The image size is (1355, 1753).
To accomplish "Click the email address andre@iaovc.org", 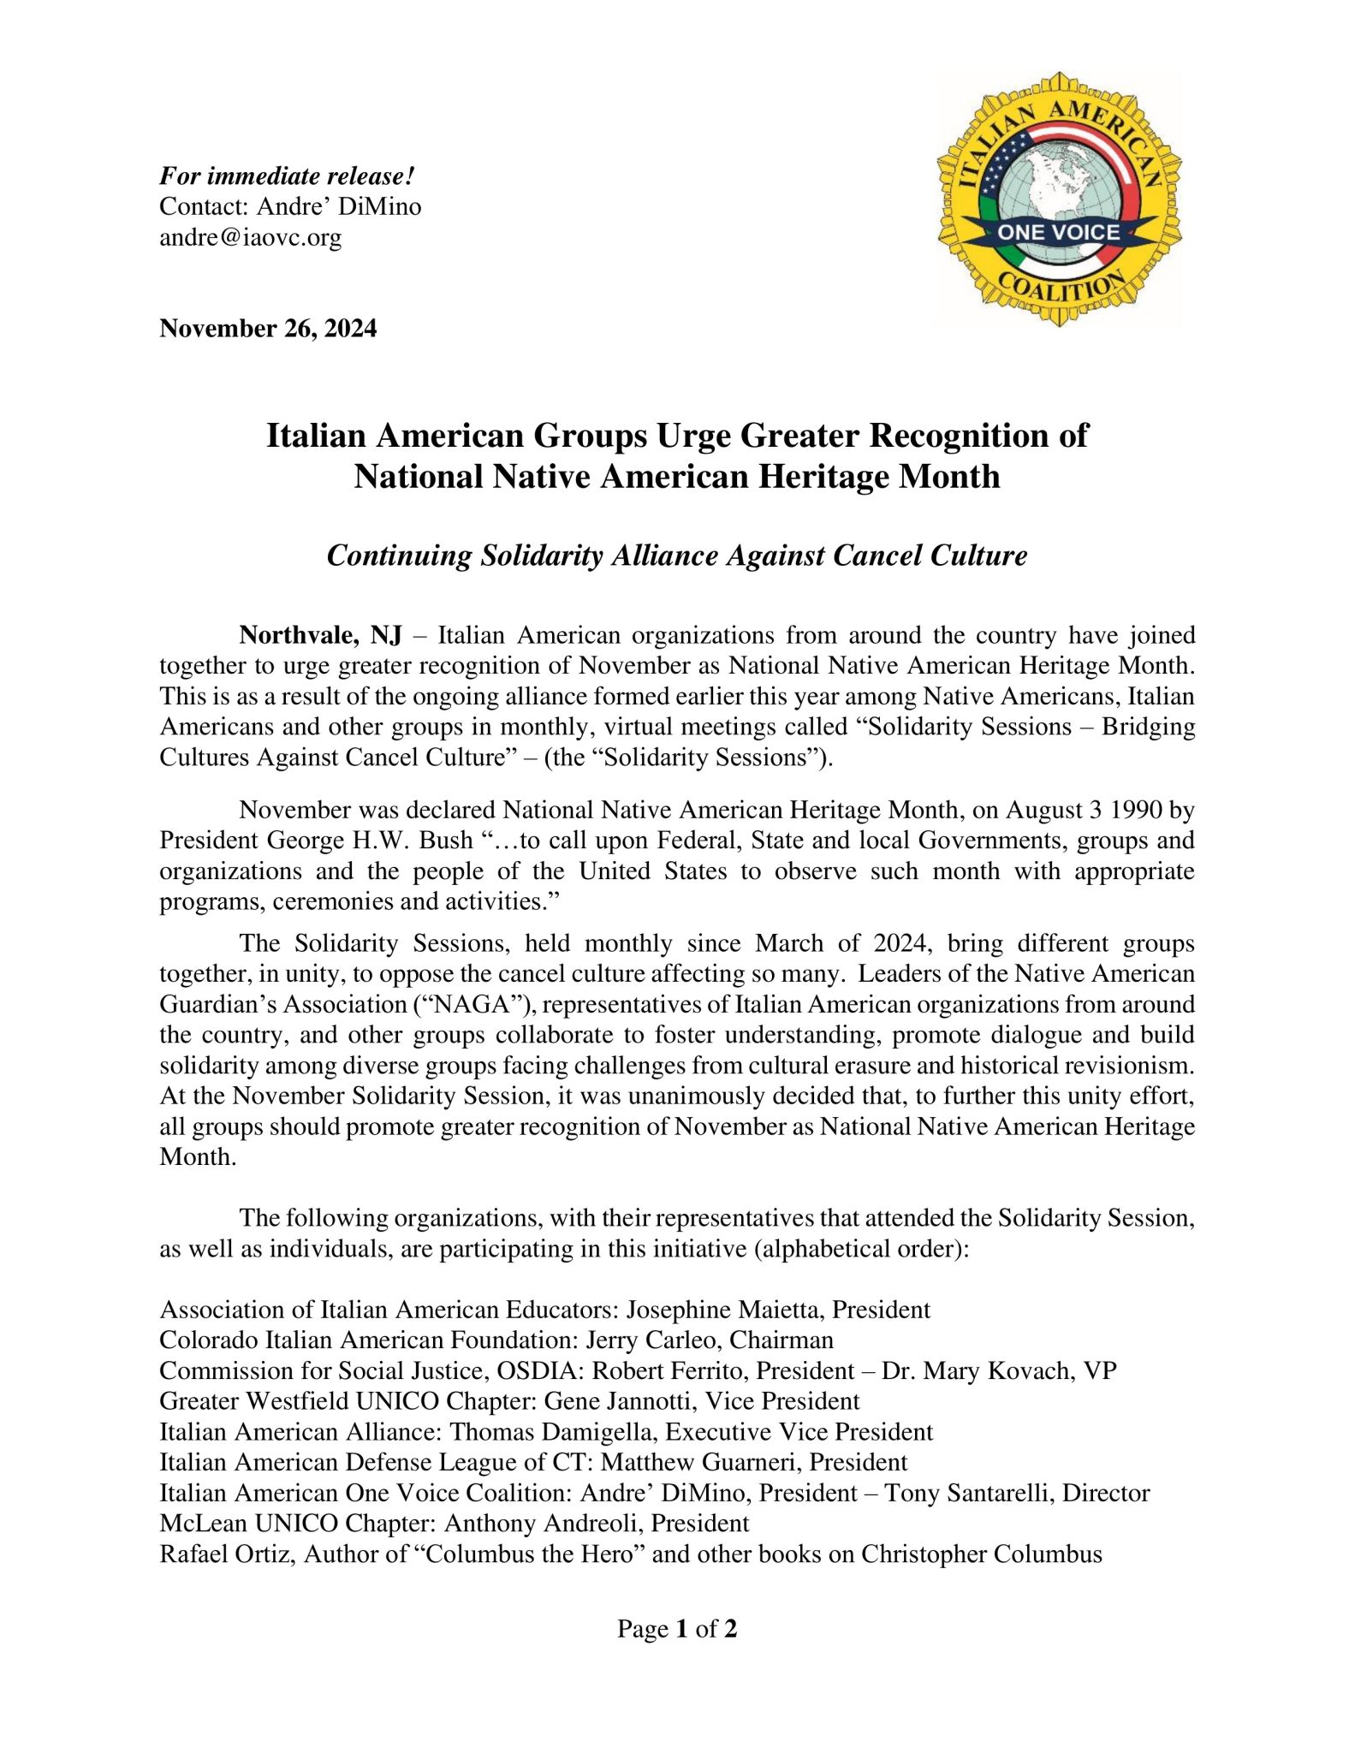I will [x=250, y=238].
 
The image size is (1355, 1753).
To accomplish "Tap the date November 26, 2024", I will [x=268, y=329].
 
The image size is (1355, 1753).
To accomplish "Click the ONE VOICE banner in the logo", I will [x=1058, y=232].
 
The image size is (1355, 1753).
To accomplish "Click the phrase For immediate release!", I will [x=287, y=176].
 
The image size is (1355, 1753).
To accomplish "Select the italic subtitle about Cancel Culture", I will [x=676, y=556].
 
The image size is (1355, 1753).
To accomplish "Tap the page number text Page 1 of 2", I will [x=676, y=1628].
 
